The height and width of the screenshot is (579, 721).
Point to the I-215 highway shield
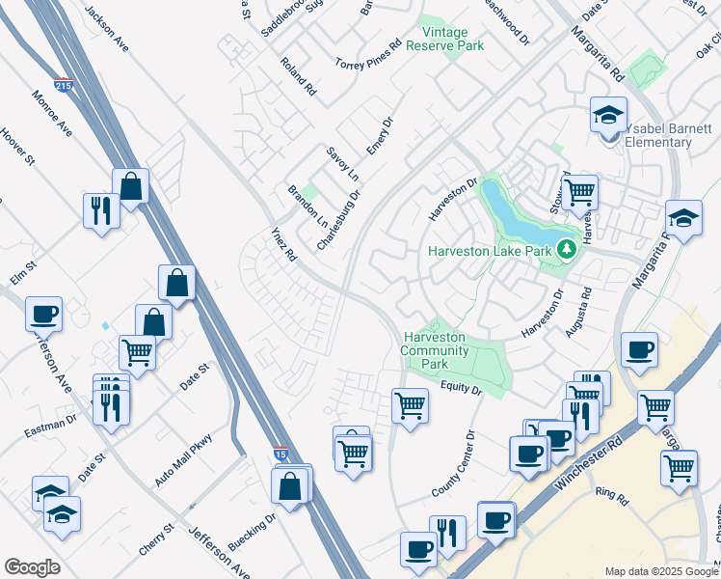click(x=63, y=86)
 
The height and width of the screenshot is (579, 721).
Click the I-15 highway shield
click(x=280, y=453)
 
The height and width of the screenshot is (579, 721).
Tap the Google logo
click(x=33, y=567)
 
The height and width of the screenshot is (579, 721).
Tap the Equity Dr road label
click(x=461, y=389)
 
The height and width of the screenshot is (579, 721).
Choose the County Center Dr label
click(x=454, y=464)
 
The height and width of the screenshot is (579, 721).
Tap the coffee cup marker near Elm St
click(x=43, y=314)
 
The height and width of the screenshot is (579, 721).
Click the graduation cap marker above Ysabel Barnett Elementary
click(x=608, y=115)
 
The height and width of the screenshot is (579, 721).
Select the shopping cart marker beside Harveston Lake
click(x=578, y=192)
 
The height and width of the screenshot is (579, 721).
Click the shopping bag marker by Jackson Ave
click(x=130, y=186)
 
